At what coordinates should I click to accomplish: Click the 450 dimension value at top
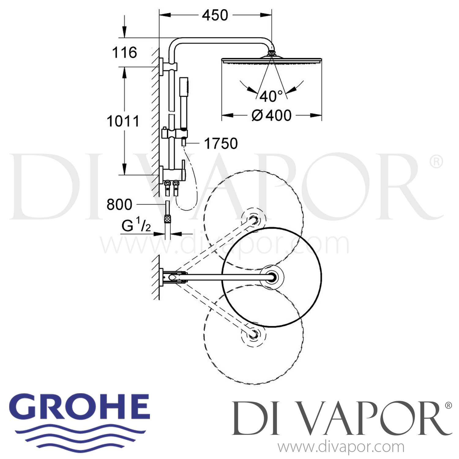(x=215, y=15)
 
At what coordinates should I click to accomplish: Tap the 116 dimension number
(x=125, y=53)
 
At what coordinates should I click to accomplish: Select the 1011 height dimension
(x=123, y=121)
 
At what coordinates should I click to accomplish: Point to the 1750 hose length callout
(x=221, y=144)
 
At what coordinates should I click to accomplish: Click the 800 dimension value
(x=119, y=204)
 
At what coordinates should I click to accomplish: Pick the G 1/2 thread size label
(x=136, y=226)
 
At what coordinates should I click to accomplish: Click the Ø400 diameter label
(x=271, y=116)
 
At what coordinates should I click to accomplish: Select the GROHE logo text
(x=82, y=407)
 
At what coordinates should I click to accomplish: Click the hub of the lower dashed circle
(x=253, y=335)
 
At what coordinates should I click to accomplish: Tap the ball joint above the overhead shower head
(x=271, y=53)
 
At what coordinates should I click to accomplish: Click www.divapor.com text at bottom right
(x=341, y=447)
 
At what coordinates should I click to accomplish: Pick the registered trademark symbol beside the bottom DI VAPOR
(x=448, y=406)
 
